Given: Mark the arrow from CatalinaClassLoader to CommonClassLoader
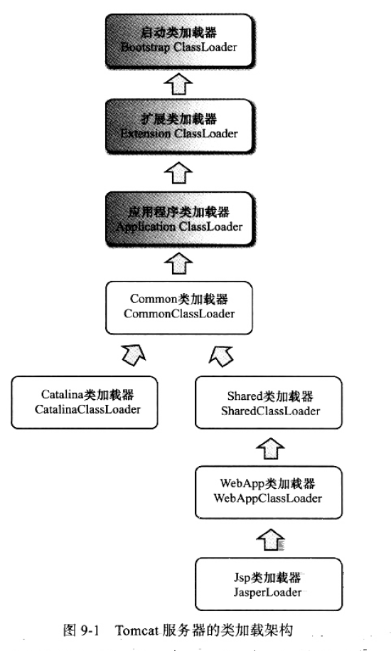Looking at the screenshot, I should (x=133, y=353).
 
